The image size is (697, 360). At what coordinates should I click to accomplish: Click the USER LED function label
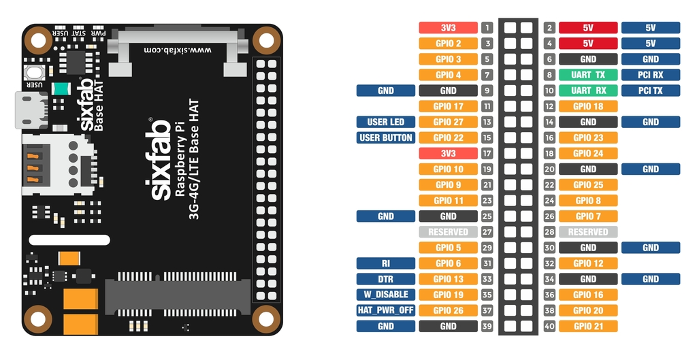click(385, 122)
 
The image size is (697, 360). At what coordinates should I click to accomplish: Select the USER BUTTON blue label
click(385, 137)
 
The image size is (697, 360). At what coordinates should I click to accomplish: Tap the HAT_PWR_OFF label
click(385, 310)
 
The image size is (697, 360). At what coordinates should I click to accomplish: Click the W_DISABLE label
click(385, 295)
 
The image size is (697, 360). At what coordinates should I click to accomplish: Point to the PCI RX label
click(650, 75)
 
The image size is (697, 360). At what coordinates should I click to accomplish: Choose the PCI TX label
click(650, 91)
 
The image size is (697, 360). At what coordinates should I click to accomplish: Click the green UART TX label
click(588, 75)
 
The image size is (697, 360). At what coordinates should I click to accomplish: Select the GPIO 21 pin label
click(588, 326)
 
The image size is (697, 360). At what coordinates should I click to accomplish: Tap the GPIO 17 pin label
click(448, 106)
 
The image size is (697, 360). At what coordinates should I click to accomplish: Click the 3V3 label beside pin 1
click(448, 28)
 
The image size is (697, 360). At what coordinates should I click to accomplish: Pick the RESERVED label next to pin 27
click(448, 232)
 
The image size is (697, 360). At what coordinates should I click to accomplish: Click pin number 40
click(549, 326)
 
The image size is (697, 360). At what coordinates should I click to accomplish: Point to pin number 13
click(487, 122)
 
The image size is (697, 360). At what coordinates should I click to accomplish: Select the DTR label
click(385, 279)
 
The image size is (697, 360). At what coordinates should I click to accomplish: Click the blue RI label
click(385, 263)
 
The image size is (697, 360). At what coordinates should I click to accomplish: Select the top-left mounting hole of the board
click(39, 40)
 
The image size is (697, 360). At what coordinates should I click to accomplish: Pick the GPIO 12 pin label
click(588, 263)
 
